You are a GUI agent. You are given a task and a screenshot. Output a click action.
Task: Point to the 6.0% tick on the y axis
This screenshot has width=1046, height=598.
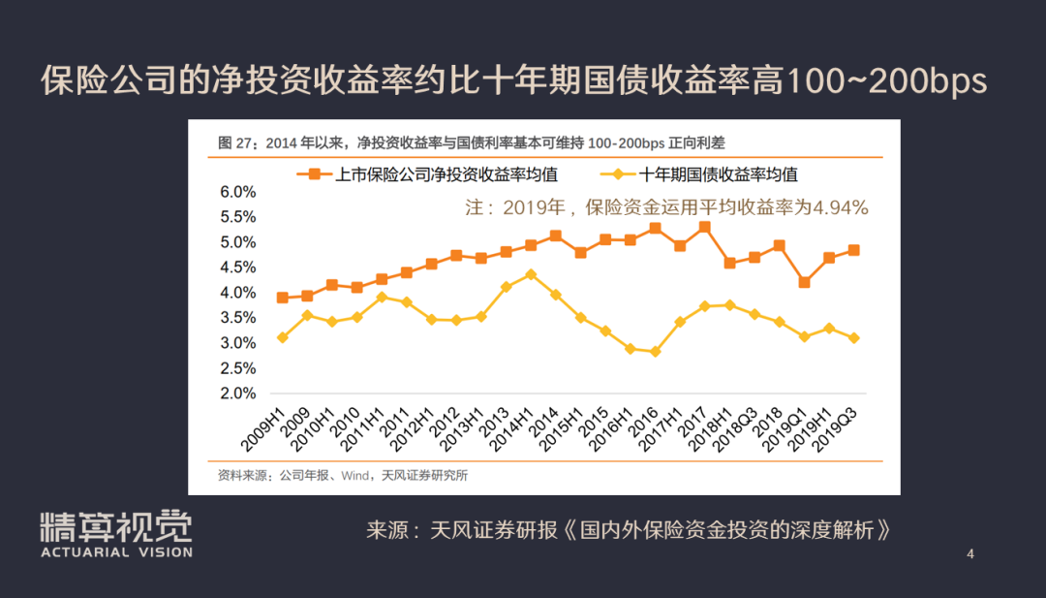point(238,192)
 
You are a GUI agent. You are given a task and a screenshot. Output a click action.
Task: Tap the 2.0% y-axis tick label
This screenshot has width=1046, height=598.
point(238,393)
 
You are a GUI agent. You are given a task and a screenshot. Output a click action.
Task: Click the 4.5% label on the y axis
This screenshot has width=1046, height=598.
point(238,268)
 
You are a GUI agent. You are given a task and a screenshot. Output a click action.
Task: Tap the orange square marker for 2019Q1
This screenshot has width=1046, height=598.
point(804,283)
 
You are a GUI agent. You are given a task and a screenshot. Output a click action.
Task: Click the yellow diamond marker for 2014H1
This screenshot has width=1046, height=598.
point(531,275)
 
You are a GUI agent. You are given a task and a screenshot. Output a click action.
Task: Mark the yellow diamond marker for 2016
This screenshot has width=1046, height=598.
point(655,352)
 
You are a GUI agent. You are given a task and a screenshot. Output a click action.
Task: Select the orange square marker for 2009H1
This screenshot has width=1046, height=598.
point(282,298)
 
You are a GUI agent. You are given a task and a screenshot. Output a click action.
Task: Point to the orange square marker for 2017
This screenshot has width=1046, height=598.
point(704,228)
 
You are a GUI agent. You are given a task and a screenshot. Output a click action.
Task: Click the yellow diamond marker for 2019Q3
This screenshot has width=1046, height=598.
point(853,338)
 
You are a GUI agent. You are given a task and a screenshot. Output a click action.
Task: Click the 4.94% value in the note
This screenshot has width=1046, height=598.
point(840,207)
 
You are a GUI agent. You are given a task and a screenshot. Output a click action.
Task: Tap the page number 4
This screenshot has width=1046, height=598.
point(969,554)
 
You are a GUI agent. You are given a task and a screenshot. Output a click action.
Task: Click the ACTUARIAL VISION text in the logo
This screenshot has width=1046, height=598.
point(116,552)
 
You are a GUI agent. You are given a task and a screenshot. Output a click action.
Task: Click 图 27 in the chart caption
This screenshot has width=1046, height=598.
point(235,143)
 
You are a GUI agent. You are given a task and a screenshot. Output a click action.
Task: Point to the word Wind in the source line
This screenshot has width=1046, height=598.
point(354,475)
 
